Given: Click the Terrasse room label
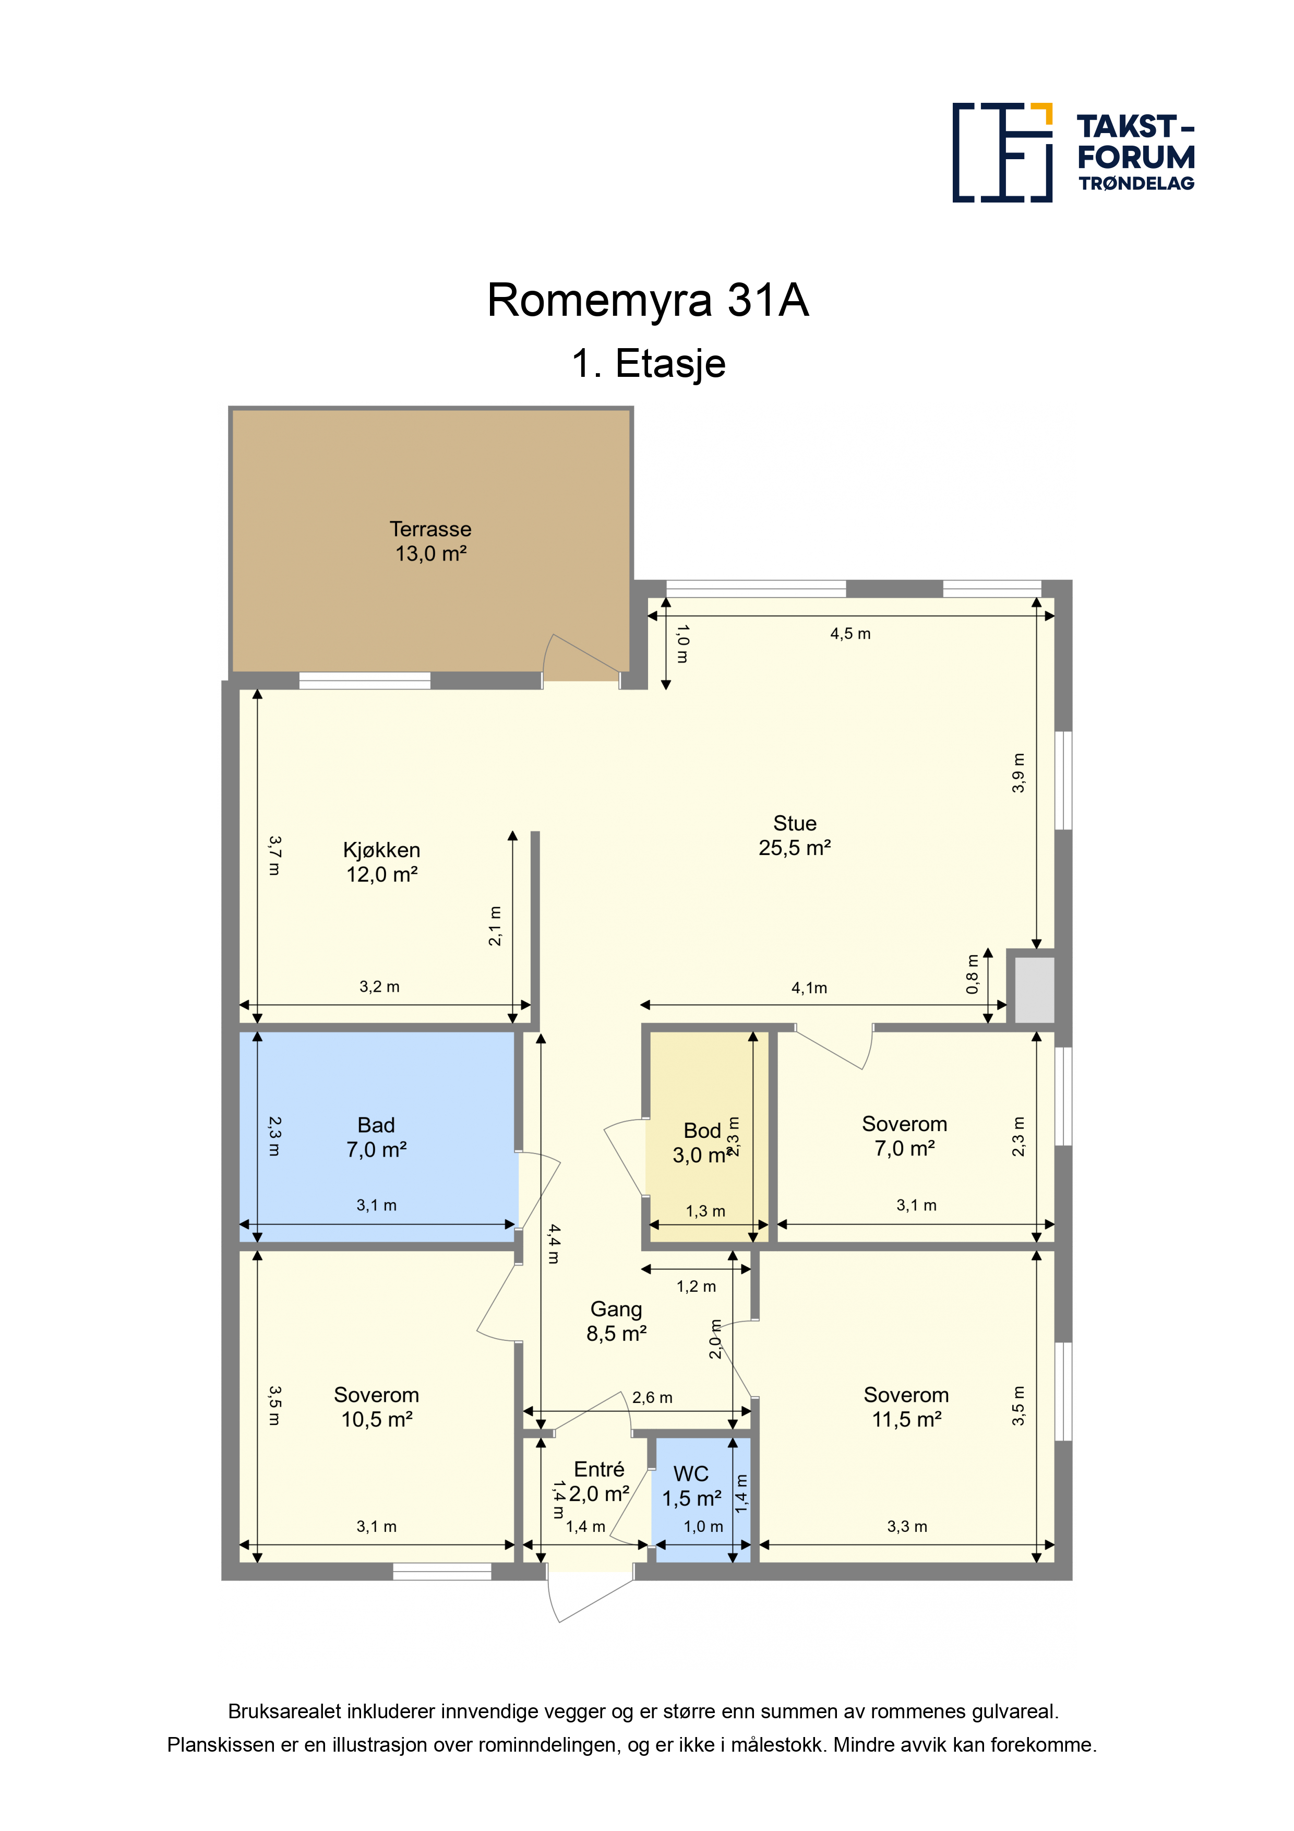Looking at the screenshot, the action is pos(430,541).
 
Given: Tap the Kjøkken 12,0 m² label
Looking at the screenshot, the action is pos(382,862).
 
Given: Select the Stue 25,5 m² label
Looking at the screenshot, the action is pos(795,835).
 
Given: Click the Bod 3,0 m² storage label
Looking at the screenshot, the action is pos(702,1143).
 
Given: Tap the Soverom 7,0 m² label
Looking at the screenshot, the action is pos(905,1136).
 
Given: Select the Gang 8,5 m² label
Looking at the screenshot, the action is pos(616,1322).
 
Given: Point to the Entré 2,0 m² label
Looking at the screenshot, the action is pos(600,1481).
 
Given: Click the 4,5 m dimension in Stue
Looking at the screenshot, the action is pos(850,634).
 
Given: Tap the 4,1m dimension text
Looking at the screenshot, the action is pos(809,988).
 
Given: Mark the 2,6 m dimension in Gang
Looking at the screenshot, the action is pos(652,1397).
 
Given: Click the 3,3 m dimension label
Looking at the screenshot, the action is pos(907,1526).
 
